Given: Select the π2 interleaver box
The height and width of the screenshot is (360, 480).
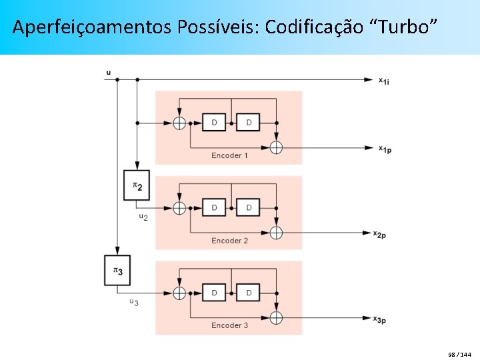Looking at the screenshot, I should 137,185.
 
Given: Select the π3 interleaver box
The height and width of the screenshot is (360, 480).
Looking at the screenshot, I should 117,271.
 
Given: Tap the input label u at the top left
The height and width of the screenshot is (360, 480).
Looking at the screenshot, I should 109,72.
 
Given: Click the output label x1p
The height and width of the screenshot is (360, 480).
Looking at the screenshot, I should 385,149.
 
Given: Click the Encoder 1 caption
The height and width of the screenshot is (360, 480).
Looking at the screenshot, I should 229,155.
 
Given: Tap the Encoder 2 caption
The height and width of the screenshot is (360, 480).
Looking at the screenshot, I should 229,241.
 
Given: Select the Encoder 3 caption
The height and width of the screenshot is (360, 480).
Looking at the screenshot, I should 229,325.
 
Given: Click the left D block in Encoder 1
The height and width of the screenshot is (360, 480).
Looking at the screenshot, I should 214,123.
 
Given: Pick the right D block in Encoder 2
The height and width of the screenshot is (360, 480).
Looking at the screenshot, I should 249,208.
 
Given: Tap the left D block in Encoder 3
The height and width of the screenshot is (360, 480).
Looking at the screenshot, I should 214,293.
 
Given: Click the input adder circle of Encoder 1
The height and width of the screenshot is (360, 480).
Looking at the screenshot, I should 179,123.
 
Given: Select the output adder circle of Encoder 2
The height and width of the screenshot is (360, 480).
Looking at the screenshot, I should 276,233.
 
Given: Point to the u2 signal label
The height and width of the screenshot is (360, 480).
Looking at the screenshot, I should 143,217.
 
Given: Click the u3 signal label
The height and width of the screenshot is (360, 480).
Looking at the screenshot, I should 134,303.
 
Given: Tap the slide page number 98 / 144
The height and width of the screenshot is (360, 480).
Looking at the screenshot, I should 459,353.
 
